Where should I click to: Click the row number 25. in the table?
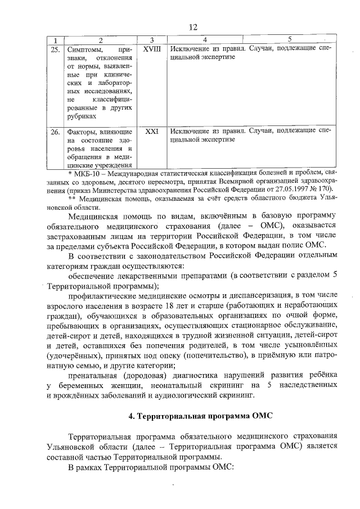(x=55, y=50)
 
